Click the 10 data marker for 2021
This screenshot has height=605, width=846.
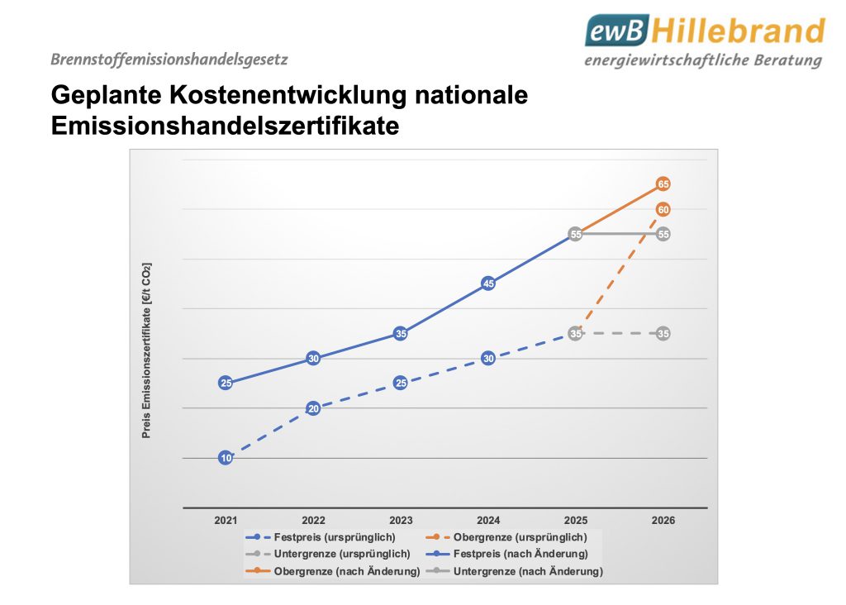click(226, 458)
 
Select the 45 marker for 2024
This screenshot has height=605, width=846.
click(488, 284)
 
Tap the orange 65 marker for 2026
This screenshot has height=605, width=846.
click(663, 183)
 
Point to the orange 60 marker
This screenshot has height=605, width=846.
click(663, 210)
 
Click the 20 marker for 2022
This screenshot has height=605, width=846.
click(313, 408)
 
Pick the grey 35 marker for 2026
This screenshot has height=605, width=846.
click(663, 334)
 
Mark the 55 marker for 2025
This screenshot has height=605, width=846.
click(576, 235)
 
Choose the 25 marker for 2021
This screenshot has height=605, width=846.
click(226, 383)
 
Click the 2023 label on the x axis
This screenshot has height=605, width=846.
click(401, 521)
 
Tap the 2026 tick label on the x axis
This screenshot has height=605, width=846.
click(663, 521)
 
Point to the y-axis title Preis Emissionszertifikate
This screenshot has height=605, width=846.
click(147, 350)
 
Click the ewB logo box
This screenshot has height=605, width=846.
click(617, 31)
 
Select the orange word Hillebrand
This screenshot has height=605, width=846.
click(738, 31)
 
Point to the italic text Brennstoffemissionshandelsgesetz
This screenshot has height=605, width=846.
click(169, 60)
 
